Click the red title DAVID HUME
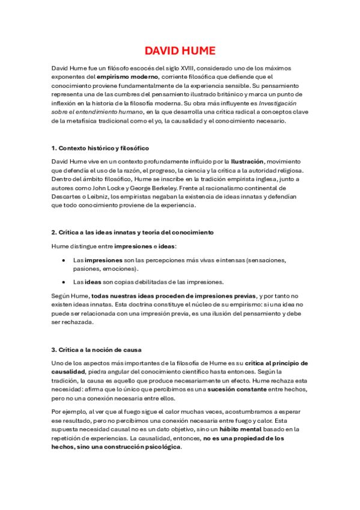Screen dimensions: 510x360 pyautogui.click(x=180, y=51)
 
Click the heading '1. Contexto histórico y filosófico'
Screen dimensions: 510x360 pyautogui.click(x=100, y=148)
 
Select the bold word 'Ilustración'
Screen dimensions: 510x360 pyautogui.click(x=248, y=162)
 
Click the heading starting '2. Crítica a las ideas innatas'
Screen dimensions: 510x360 pyautogui.click(x=132, y=232)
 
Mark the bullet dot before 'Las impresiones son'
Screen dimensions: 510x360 pyautogui.click(x=64, y=260)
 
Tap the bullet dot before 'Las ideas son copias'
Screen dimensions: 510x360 pyautogui.click(x=64, y=281)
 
